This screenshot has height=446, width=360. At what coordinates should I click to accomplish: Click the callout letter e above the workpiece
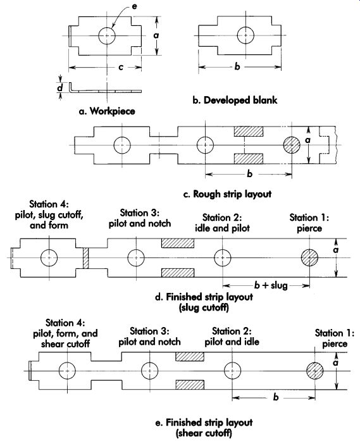[134, 6]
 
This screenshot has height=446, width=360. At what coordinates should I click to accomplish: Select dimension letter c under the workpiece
[121, 68]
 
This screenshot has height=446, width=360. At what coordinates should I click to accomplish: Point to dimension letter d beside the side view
[60, 87]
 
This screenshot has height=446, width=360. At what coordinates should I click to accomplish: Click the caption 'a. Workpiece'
[107, 111]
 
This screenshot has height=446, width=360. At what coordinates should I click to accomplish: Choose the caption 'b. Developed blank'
[235, 100]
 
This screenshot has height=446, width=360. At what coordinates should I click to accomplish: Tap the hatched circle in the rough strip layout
[292, 145]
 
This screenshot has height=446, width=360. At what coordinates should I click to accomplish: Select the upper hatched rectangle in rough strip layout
[249, 132]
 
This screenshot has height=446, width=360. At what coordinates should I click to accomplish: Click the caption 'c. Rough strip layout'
[228, 194]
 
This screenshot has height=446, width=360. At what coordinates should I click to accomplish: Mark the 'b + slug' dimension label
[271, 285]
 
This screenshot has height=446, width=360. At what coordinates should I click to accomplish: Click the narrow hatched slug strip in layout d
[86, 258]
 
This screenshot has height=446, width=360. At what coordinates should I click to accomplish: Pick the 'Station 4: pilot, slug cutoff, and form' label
[49, 214]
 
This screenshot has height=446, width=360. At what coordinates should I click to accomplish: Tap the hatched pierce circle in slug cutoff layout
[309, 257]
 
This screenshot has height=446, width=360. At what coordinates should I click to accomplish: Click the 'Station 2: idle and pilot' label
[222, 223]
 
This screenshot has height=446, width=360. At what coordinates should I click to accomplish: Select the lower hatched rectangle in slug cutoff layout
[178, 273]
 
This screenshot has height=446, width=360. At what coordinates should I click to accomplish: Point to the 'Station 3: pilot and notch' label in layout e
[149, 337]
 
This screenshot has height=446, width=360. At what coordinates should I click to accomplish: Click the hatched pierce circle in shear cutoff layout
[315, 371]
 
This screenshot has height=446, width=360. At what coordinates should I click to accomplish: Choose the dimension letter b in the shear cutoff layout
[276, 397]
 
